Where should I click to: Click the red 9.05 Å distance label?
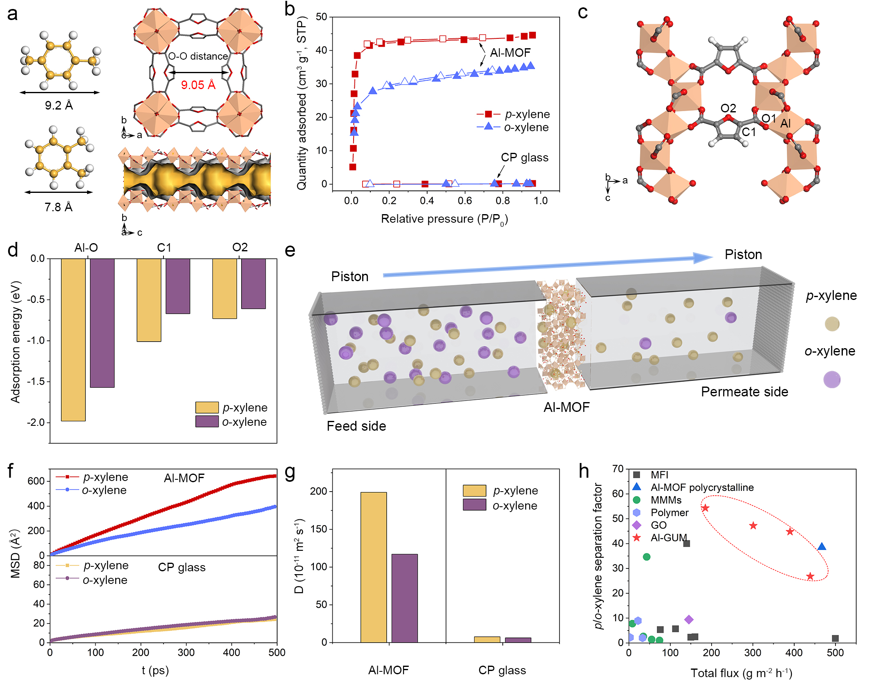click(x=198, y=85)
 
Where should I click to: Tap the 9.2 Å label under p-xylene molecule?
click(x=59, y=105)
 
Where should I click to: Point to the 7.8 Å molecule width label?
click(x=58, y=207)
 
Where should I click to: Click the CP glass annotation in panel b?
click(x=524, y=158)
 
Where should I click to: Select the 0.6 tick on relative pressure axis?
click(x=465, y=201)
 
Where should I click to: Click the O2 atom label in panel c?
click(x=728, y=108)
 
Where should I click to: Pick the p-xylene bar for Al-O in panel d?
click(x=73, y=339)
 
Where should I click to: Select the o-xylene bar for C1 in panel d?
click(x=178, y=286)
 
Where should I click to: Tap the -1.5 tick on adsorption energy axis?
click(x=36, y=382)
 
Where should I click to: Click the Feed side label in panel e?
click(x=356, y=426)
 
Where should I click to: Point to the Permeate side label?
click(x=744, y=392)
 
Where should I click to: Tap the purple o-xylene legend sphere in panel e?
click(x=832, y=380)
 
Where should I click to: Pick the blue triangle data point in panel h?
click(x=822, y=547)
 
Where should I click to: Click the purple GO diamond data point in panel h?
click(x=689, y=619)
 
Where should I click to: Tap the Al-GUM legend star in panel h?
click(x=636, y=538)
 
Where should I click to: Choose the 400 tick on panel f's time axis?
click(x=231, y=653)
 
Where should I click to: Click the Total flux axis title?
click(x=741, y=673)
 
